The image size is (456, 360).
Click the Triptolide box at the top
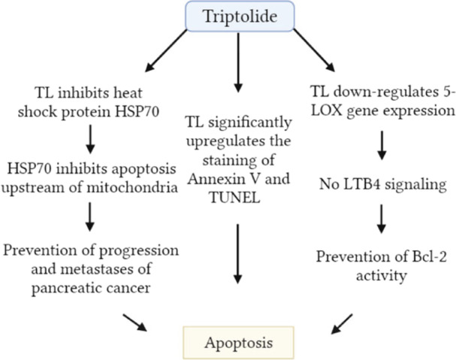[x=240, y=16]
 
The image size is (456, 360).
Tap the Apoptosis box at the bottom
[x=238, y=343]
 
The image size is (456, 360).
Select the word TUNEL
[x=234, y=198]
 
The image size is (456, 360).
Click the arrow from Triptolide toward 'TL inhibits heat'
[x=166, y=50]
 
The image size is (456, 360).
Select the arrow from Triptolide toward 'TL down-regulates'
[x=314, y=50]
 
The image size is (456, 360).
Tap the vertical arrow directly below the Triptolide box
[x=238, y=62]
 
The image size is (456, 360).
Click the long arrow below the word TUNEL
[x=238, y=254]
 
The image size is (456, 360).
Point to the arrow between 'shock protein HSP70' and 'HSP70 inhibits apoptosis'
[x=90, y=139]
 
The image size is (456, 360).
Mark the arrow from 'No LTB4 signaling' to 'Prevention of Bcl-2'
[x=382, y=219]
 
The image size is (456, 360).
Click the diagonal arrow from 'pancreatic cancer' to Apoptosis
[x=134, y=322]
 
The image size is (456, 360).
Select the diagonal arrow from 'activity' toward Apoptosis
[x=342, y=324]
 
